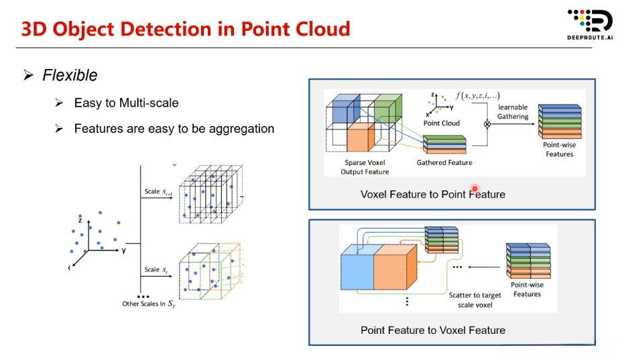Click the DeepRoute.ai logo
pyautogui.click(x=590, y=25)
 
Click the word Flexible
pyautogui.click(x=70, y=75)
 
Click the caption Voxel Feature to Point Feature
pyautogui.click(x=432, y=194)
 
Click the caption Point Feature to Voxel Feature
pyautogui.click(x=432, y=330)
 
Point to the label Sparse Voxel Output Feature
pyautogui.click(x=365, y=167)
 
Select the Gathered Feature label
pyautogui.click(x=444, y=162)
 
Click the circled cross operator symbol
pyautogui.click(x=487, y=124)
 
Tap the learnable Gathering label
pyautogui.click(x=513, y=112)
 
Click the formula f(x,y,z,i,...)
pyautogui.click(x=477, y=96)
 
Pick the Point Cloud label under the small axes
pyautogui.click(x=441, y=123)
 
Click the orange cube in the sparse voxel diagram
pyautogui.click(x=361, y=136)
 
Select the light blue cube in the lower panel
pyautogui.click(x=357, y=266)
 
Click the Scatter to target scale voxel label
pyautogui.click(x=475, y=300)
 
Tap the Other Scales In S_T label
pyautogui.click(x=149, y=304)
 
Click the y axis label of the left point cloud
pyautogui.click(x=124, y=251)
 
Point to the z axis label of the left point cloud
pyautogui.click(x=80, y=220)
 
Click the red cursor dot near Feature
pyautogui.click(x=475, y=189)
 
